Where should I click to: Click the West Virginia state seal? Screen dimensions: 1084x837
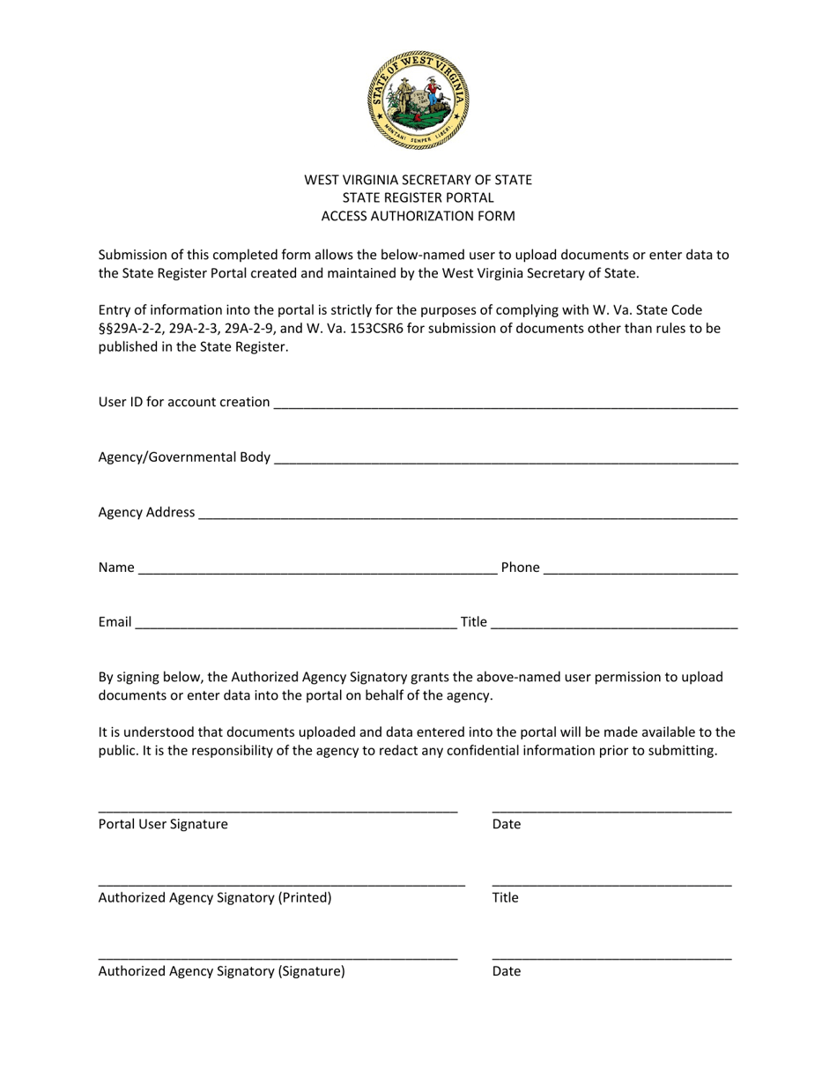[418, 100]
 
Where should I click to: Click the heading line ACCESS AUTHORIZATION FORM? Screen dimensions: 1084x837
[418, 216]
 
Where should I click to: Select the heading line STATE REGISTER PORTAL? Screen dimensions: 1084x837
[418, 197]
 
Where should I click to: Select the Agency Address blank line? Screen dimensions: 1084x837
[468, 515]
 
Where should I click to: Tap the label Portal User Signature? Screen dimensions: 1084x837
[163, 824]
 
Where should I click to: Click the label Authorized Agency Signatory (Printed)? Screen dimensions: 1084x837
[215, 898]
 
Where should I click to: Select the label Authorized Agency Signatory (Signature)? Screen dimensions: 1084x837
[221, 971]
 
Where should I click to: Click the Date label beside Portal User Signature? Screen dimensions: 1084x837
[507, 824]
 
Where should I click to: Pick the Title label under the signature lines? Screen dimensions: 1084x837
[505, 898]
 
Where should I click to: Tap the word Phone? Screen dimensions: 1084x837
[520, 568]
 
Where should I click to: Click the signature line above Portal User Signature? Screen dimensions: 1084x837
[278, 810]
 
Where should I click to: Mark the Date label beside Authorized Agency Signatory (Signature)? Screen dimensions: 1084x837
[507, 971]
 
